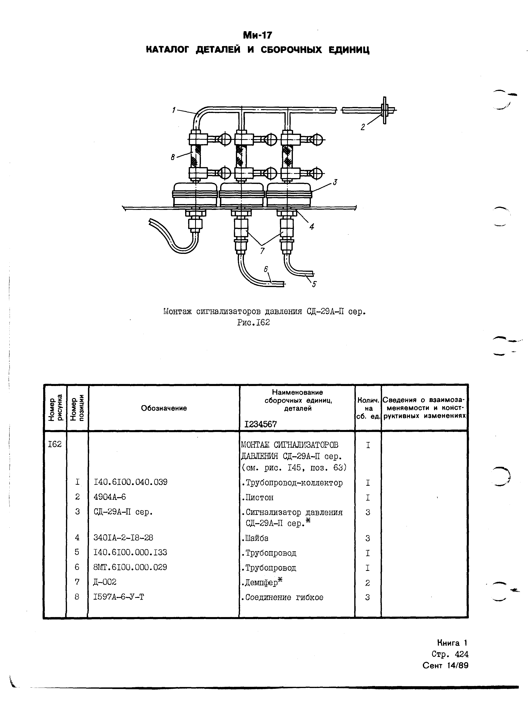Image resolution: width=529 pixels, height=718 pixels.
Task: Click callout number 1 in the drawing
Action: (x=174, y=110)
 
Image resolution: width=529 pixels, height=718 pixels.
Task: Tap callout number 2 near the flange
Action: (x=363, y=127)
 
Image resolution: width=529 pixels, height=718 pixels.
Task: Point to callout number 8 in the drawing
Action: (x=173, y=157)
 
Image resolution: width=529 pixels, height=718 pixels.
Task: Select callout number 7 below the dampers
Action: (x=262, y=251)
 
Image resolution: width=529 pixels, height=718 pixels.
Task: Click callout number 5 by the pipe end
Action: (x=314, y=284)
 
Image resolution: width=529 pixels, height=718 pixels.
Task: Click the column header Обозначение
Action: (x=164, y=408)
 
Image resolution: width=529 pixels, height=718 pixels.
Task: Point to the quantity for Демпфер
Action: (x=368, y=583)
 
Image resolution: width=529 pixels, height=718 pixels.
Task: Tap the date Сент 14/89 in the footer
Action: (x=445, y=665)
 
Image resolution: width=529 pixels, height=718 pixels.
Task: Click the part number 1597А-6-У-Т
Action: (x=119, y=597)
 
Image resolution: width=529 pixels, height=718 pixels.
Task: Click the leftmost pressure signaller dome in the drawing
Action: (x=195, y=195)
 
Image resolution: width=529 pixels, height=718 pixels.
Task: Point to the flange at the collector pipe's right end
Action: (x=385, y=110)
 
